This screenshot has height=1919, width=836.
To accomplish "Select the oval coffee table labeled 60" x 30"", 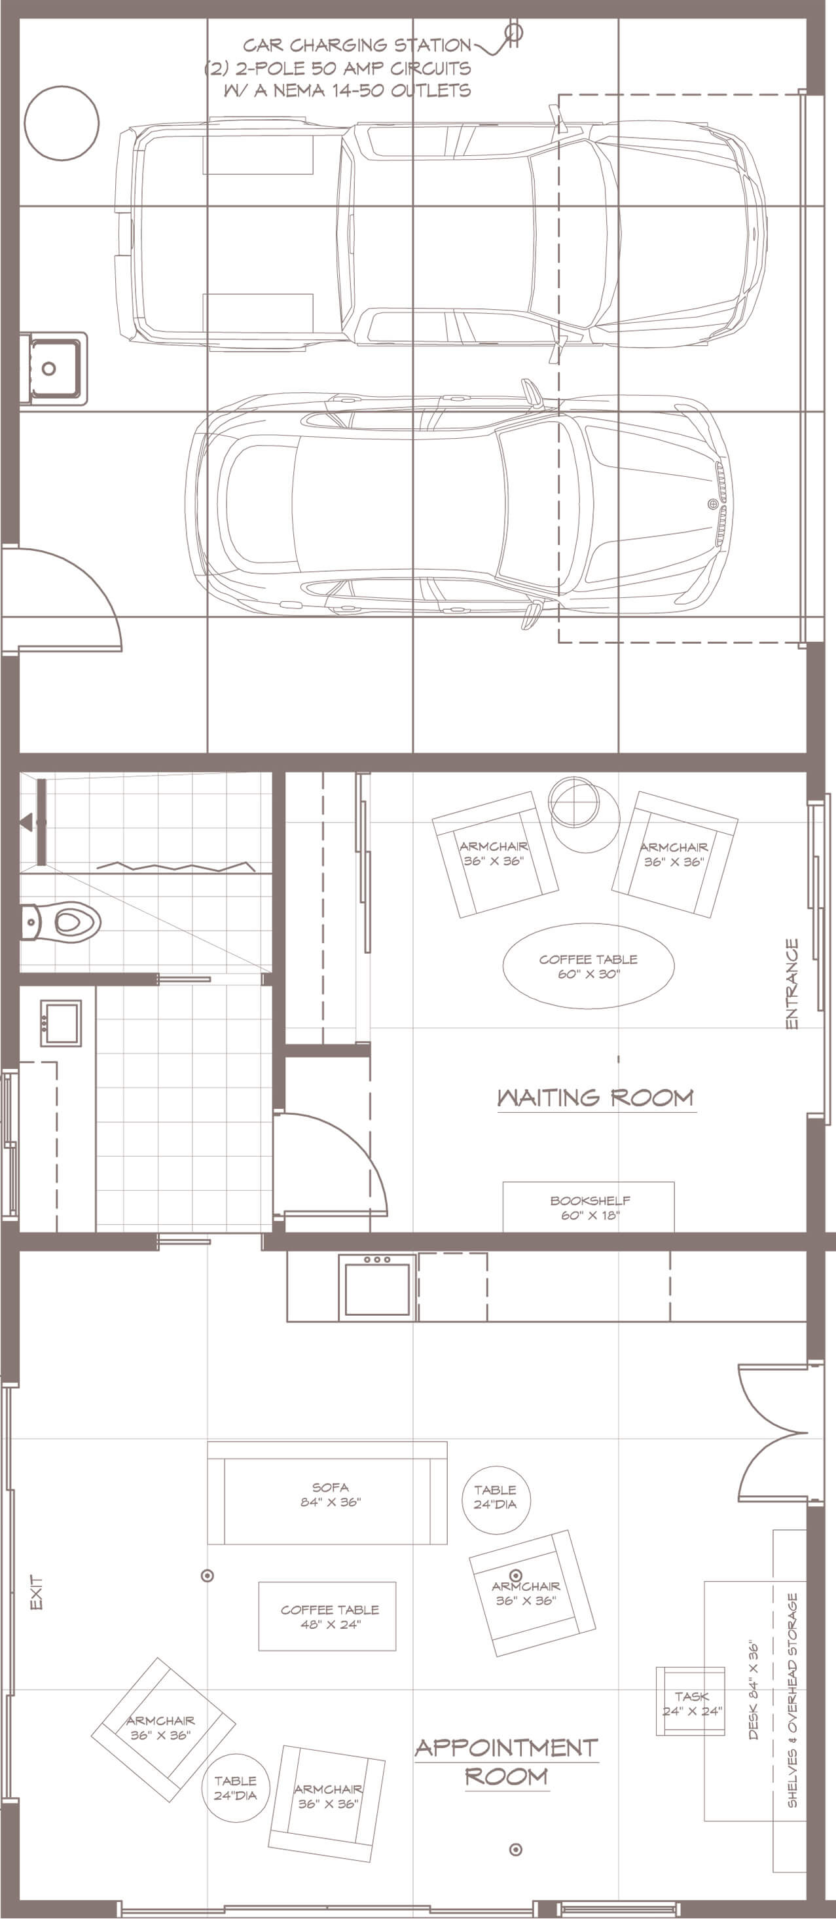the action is [589, 966].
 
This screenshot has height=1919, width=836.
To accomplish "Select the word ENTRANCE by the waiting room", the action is [792, 983].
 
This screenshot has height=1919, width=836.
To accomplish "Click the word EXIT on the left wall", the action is [36, 1592].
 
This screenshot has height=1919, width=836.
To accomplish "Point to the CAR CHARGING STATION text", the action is [357, 45].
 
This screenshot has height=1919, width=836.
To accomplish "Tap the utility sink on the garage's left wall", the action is [53, 368].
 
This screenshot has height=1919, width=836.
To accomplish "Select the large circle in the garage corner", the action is [62, 123].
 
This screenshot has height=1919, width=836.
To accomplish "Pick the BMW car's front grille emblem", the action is [712, 504].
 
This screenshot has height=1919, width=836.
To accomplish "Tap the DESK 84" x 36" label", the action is [754, 1689].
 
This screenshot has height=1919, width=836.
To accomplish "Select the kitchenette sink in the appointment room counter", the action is [376, 1287].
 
